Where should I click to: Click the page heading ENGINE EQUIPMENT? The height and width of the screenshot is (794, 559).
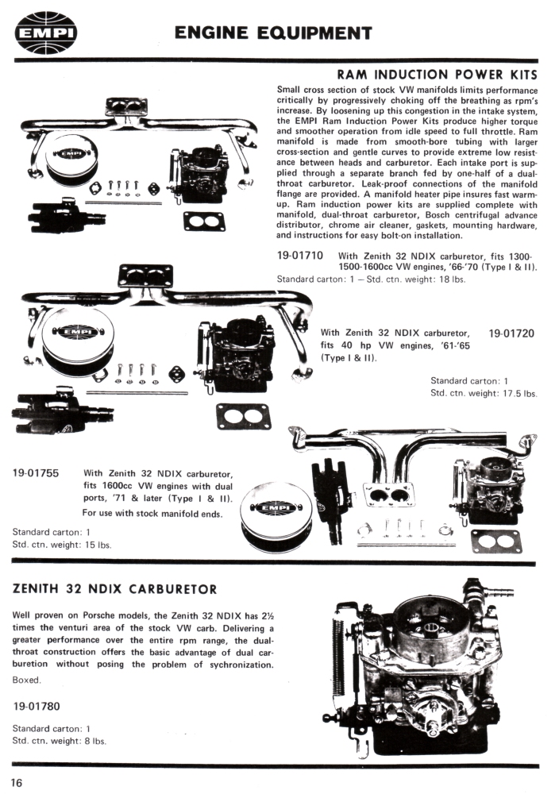[x=273, y=33]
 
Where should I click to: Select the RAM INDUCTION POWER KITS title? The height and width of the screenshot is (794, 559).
[x=438, y=75]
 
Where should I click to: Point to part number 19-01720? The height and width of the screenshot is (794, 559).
[x=512, y=333]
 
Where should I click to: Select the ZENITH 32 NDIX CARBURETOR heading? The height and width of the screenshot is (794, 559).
[x=117, y=589]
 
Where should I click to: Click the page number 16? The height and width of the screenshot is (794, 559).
[x=17, y=782]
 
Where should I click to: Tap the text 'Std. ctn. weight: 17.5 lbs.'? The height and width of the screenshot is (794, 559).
[x=484, y=393]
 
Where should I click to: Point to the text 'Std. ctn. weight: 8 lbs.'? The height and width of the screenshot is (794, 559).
[x=60, y=740]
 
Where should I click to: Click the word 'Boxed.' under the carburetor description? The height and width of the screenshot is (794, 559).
[x=29, y=680]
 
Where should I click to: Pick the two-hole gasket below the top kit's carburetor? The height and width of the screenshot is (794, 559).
[x=204, y=220]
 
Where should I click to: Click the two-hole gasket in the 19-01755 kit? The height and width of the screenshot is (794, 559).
[x=496, y=541]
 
